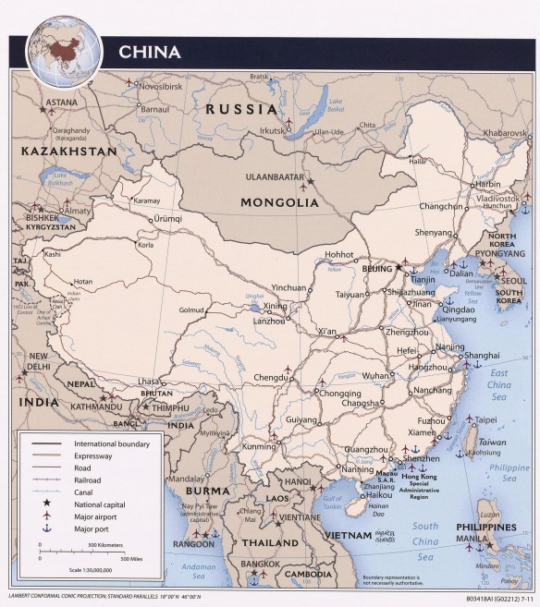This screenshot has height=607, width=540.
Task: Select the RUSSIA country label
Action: [x=241, y=109]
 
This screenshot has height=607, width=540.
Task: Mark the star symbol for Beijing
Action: [x=400, y=268]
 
